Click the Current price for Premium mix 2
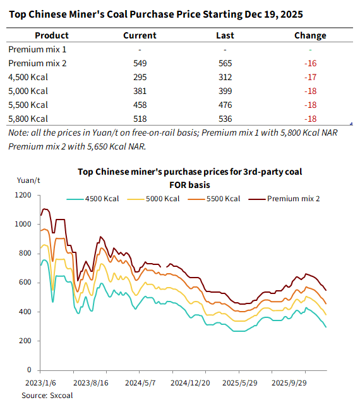[140, 63]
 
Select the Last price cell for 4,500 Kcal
[225, 77]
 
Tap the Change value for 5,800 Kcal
[311, 119]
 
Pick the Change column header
[310, 35]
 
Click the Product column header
[52, 35]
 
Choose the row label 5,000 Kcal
[28, 91]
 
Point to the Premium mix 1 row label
[37, 49]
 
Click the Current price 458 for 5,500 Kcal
[140, 105]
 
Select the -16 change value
[311, 63]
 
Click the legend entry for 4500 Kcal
[93, 199]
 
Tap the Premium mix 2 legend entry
[284, 199]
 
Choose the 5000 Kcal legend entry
[153, 199]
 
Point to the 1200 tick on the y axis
[23, 195]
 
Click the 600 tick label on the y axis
[25, 282]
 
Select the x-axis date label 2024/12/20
[190, 383]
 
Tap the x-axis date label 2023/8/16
[91, 383]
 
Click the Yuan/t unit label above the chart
[28, 180]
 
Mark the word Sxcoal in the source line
[61, 396]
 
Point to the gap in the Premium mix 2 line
[164, 267]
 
